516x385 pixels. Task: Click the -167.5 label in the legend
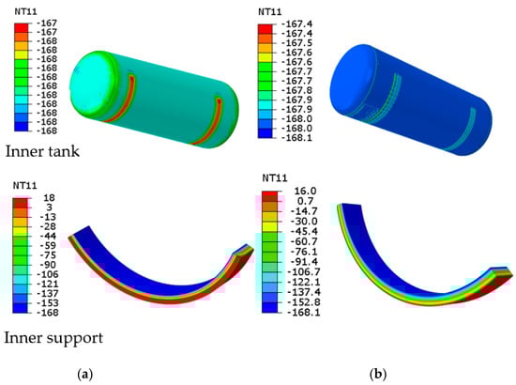click(x=297, y=43)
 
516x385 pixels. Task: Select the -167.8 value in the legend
click(x=297, y=90)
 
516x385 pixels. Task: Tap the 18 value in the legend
click(x=49, y=198)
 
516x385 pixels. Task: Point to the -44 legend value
click(x=48, y=236)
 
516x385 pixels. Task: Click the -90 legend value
click(x=48, y=265)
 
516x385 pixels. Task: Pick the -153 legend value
click(x=46, y=303)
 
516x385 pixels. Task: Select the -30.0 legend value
click(x=303, y=222)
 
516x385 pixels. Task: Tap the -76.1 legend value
click(x=303, y=252)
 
